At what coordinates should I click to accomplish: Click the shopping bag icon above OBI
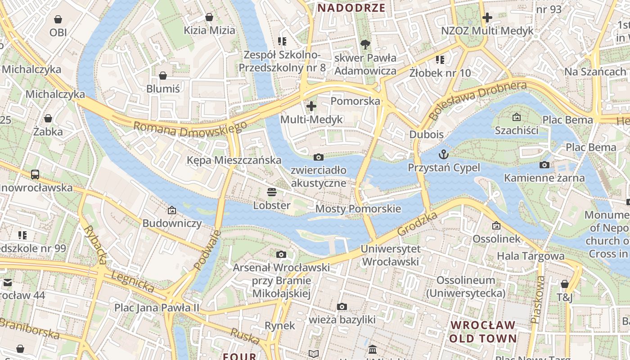[x=58, y=19]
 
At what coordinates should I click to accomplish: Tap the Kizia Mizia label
[x=209, y=30]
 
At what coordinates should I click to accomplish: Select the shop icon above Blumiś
[x=163, y=76]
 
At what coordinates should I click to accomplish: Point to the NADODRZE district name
[x=351, y=8]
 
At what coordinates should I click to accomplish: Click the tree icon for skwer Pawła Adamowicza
[x=365, y=44]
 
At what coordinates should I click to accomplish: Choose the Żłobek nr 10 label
[x=440, y=72]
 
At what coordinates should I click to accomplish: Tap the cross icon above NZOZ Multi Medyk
[x=487, y=18]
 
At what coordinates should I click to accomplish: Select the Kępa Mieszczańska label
[x=234, y=160]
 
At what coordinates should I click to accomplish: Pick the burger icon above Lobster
[x=271, y=192]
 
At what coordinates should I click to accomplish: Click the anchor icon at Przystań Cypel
[x=444, y=154]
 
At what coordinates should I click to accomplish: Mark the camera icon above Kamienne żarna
[x=544, y=165]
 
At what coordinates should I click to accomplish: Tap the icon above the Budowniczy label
[x=172, y=210]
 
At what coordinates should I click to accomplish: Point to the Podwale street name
[x=207, y=250]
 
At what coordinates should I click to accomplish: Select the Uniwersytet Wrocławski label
[x=391, y=255]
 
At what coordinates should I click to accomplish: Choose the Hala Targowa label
[x=531, y=256]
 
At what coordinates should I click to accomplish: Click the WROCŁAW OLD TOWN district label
[x=483, y=332]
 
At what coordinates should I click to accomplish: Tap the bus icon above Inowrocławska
[x=35, y=174]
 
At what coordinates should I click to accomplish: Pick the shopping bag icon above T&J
[x=564, y=284]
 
